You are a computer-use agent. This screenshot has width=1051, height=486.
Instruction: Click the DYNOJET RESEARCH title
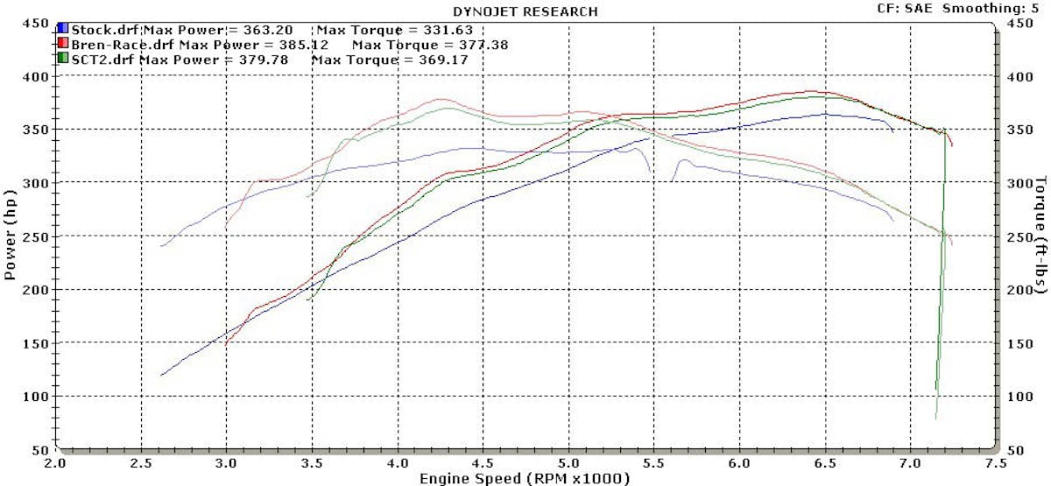pos(525,11)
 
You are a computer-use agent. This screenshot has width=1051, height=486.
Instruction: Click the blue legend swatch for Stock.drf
pos(62,29)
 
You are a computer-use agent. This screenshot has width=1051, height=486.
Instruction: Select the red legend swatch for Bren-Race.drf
pos(62,44)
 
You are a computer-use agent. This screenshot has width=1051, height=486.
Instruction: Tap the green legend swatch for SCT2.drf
pos(62,59)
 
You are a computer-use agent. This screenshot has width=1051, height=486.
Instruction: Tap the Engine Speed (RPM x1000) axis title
pos(524,478)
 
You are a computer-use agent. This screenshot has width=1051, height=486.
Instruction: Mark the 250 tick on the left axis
pos(36,236)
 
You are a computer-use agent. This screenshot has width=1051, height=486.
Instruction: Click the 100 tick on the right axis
pos(1015,397)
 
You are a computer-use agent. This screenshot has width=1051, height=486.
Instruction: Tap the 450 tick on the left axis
pos(36,24)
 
